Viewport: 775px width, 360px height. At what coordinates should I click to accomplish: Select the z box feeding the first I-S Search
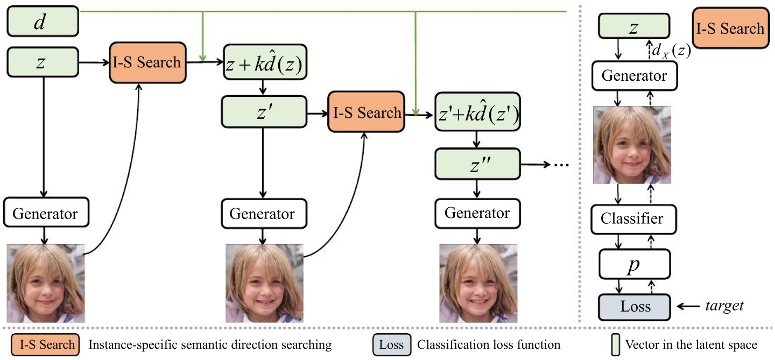(43, 62)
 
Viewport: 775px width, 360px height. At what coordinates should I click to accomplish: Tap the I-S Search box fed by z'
(365, 112)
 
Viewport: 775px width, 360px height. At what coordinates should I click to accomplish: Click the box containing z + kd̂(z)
(263, 66)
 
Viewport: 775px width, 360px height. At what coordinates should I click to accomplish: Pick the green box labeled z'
(263, 112)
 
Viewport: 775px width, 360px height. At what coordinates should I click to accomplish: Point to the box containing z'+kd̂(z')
(477, 115)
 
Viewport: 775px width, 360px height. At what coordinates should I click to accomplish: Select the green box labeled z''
(477, 164)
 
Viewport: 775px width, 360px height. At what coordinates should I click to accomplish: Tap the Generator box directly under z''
(477, 213)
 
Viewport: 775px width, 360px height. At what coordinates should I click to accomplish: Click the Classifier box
(633, 219)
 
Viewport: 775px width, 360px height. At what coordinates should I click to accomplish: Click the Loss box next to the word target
(633, 307)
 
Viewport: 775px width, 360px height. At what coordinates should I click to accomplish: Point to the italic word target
(724, 306)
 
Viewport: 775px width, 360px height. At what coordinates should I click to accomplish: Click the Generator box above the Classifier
(633, 76)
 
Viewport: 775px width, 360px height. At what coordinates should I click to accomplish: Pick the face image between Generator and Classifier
(632, 145)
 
